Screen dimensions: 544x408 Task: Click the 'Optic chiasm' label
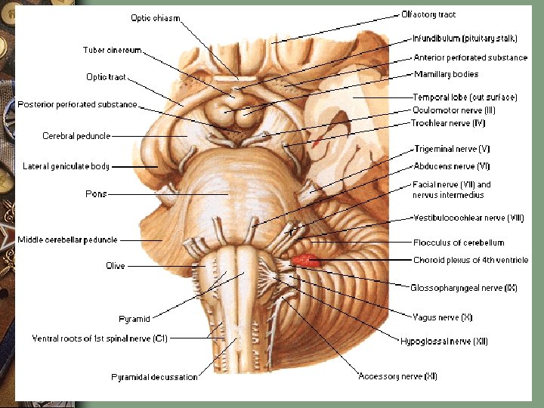click(x=156, y=18)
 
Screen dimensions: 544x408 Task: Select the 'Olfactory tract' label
click(x=428, y=14)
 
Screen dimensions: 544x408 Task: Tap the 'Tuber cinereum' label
click(x=112, y=51)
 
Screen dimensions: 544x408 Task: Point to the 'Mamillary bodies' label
click(x=446, y=74)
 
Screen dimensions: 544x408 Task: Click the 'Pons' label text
click(x=96, y=194)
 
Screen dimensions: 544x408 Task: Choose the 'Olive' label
click(x=116, y=266)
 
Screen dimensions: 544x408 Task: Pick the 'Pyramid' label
click(x=134, y=319)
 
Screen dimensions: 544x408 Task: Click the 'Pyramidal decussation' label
click(x=154, y=376)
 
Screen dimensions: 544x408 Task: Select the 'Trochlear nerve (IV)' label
click(x=448, y=122)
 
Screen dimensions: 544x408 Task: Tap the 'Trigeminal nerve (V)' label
click(x=452, y=150)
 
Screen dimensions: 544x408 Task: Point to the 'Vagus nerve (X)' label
click(x=442, y=317)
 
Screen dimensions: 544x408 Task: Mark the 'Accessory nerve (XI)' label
click(x=397, y=376)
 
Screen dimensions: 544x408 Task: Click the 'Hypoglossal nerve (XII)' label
click(x=444, y=342)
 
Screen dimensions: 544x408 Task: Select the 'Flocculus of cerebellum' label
click(x=459, y=243)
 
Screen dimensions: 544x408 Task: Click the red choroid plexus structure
click(x=305, y=261)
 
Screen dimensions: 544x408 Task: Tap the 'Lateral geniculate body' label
click(x=66, y=166)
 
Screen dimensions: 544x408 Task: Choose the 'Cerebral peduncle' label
click(x=76, y=136)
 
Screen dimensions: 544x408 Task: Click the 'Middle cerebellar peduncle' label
click(x=67, y=240)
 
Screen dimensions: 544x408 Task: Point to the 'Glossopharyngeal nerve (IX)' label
click(x=463, y=287)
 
